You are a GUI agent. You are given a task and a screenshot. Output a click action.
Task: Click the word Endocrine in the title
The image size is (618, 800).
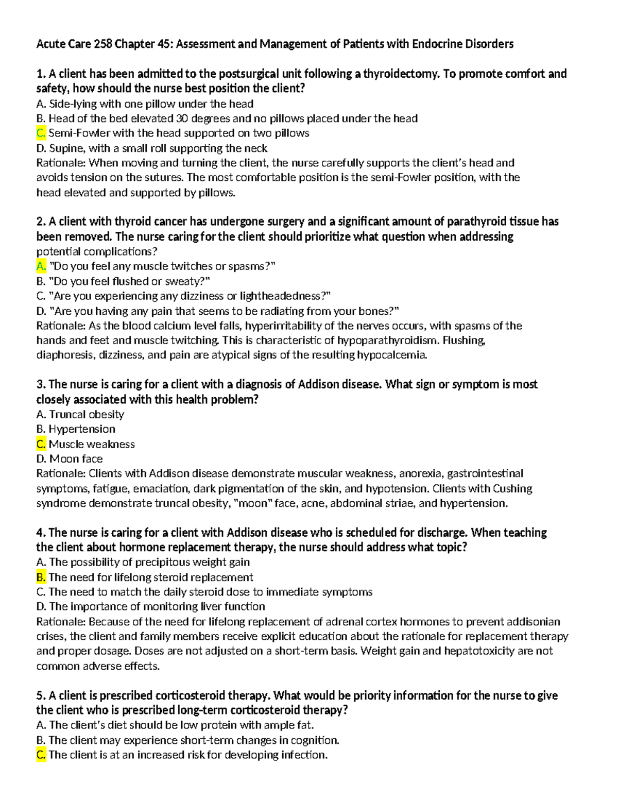tap(437, 44)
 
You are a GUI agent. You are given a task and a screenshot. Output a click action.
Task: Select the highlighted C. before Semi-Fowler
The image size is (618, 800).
tap(41, 133)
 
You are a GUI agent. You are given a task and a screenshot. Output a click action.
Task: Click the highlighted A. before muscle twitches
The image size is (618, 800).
tap(41, 266)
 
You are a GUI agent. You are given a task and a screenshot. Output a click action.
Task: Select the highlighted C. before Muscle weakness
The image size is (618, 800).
tap(41, 444)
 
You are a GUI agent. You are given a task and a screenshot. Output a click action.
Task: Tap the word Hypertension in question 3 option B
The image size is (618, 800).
tap(82, 429)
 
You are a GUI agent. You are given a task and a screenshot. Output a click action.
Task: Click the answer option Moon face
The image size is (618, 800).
tap(76, 458)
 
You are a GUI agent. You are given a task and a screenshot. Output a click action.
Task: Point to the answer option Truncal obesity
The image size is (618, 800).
tap(87, 414)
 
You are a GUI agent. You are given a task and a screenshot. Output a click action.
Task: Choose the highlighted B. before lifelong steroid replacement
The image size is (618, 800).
tap(41, 577)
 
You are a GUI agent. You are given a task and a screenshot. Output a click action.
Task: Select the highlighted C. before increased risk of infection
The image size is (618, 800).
tap(41, 755)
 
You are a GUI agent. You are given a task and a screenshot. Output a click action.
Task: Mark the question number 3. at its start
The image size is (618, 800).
tap(41, 384)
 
